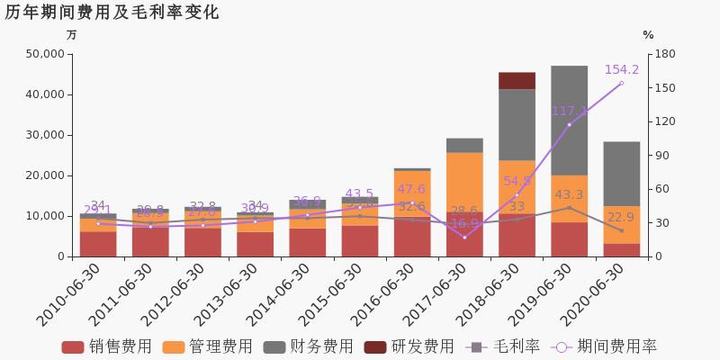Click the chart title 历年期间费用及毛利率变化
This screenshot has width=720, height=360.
(112, 13)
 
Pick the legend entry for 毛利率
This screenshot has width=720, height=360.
(504, 346)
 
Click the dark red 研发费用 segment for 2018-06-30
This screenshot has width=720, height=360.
(517, 81)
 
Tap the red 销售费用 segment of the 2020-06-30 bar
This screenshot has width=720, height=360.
(621, 250)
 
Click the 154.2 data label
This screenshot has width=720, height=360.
(622, 69)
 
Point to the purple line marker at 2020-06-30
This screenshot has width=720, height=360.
(621, 84)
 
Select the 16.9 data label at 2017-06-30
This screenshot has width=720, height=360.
(464, 224)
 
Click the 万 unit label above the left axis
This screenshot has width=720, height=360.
(72, 35)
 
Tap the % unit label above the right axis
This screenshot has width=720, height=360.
(648, 35)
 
